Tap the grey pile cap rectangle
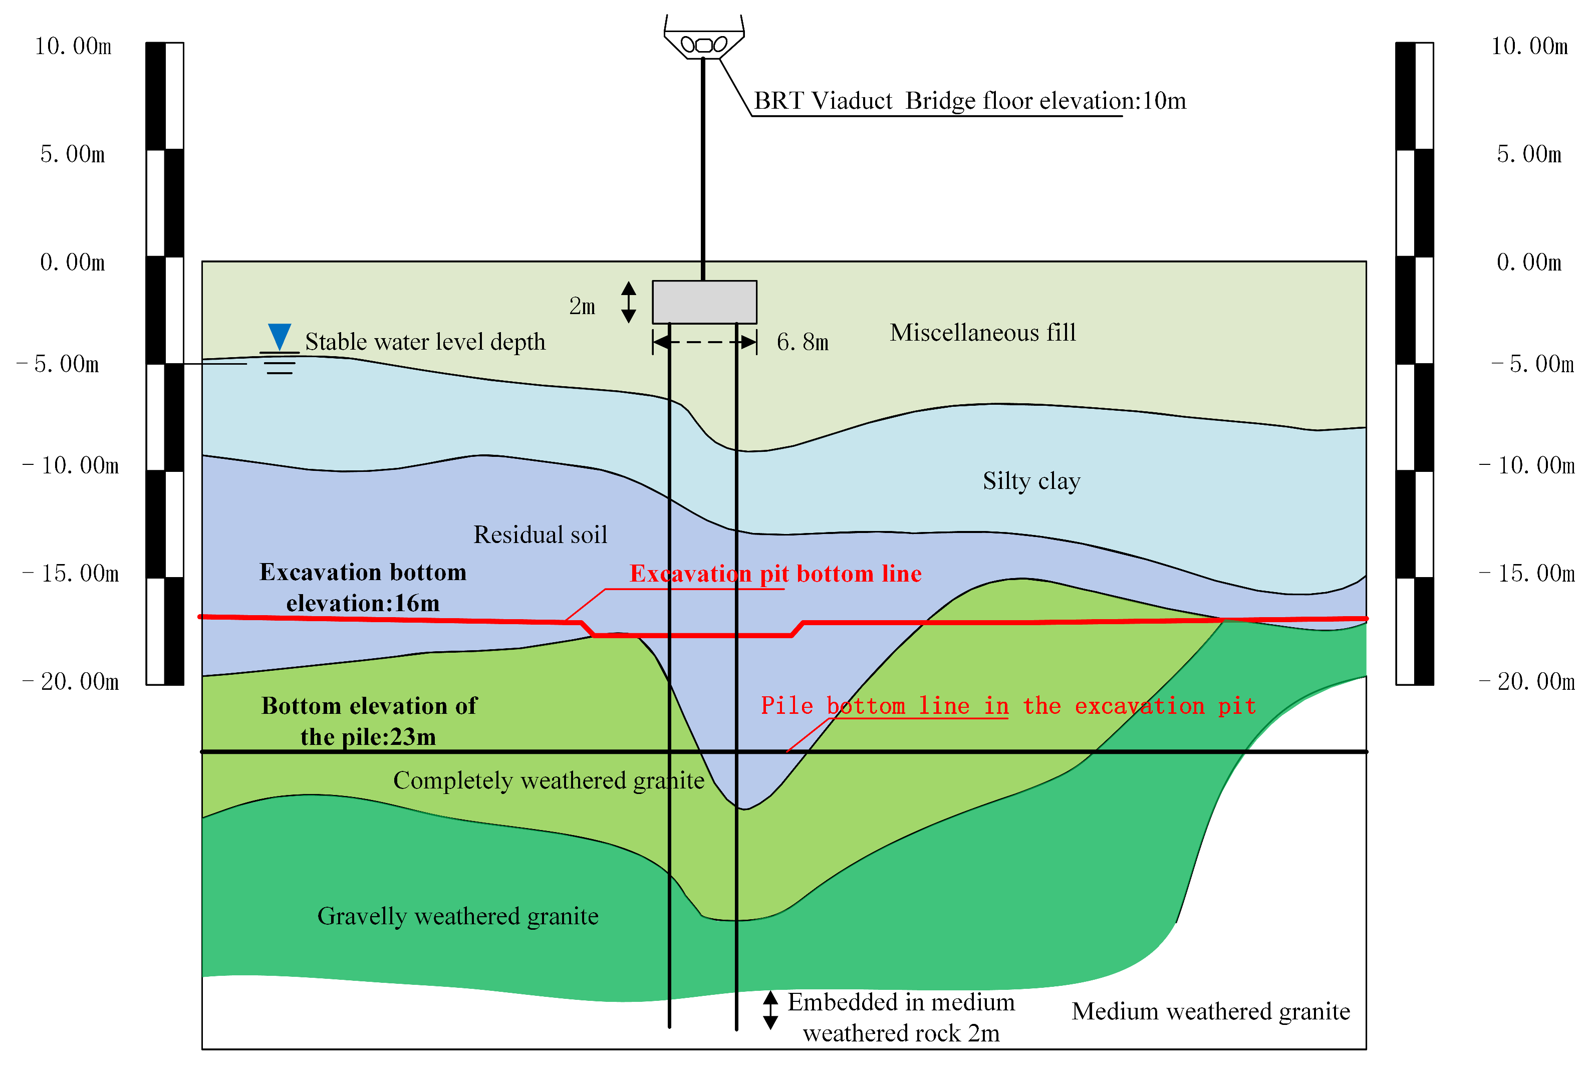(x=704, y=302)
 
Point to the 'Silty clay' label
(x=1031, y=481)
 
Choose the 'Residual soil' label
(x=540, y=535)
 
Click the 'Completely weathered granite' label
(x=549, y=780)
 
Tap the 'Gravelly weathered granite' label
(x=458, y=916)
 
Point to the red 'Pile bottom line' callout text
(x=1008, y=706)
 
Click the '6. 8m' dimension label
(x=803, y=342)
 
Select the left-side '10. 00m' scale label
(x=73, y=47)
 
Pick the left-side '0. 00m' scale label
(x=72, y=262)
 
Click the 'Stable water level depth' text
(x=425, y=342)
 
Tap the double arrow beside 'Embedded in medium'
(x=770, y=1010)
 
